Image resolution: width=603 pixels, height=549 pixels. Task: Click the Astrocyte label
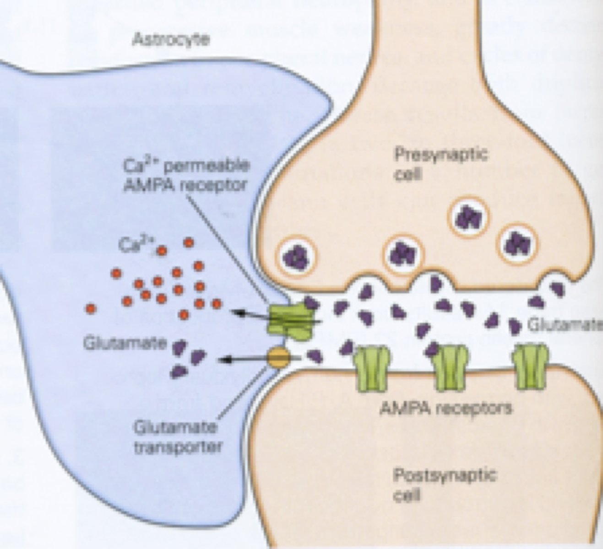tap(170, 40)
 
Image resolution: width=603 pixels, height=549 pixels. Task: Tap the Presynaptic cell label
tap(440, 164)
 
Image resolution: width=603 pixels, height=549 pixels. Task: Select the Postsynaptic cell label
tap(445, 484)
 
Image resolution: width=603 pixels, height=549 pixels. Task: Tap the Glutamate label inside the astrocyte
tap(125, 343)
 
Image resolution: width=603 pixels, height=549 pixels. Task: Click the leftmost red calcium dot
tap(92, 309)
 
